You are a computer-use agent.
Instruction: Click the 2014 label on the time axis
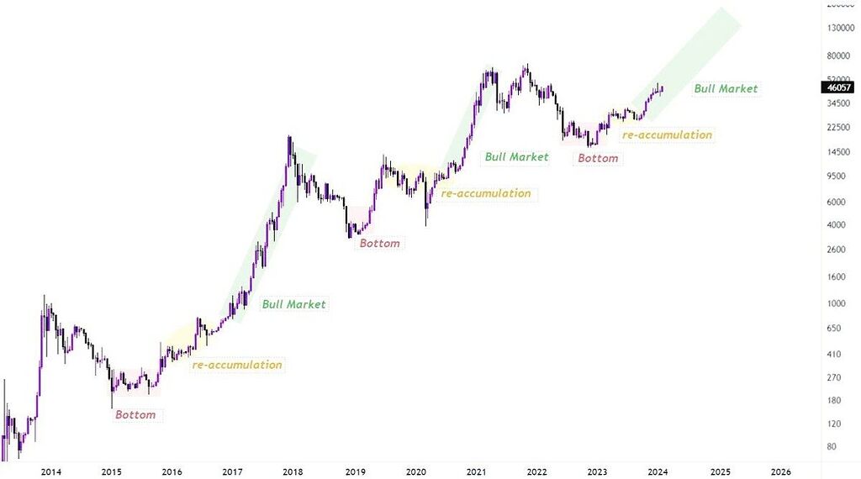click(x=51, y=471)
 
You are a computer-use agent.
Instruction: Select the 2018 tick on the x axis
click(x=294, y=471)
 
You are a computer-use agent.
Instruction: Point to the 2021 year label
click(x=476, y=471)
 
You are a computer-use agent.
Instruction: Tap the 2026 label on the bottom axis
click(x=780, y=471)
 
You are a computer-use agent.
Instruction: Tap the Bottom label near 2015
click(x=135, y=415)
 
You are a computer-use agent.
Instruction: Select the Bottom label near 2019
click(x=380, y=244)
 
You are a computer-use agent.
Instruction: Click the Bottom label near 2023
click(x=597, y=158)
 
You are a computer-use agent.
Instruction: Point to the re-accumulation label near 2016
click(x=237, y=366)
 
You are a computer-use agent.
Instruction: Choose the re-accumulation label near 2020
click(x=486, y=194)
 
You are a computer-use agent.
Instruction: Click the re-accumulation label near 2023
click(x=667, y=135)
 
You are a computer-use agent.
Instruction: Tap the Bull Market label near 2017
click(x=293, y=304)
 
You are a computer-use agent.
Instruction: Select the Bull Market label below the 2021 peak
click(x=516, y=157)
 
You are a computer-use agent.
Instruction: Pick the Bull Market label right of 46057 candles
click(x=726, y=89)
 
